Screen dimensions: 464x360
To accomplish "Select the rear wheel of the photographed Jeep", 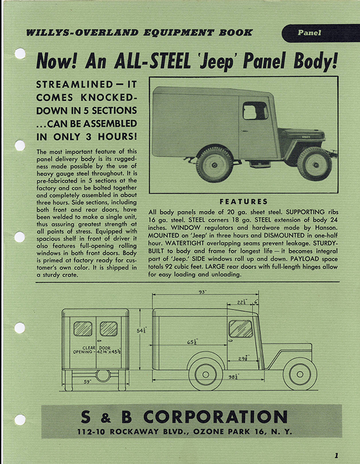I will point(215,164).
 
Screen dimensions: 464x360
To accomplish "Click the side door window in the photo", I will point(255,111).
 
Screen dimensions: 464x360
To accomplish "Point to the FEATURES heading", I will point(244,202).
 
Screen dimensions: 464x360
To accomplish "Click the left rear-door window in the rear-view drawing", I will point(83,328).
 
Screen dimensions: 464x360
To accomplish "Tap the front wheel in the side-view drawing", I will point(300,373).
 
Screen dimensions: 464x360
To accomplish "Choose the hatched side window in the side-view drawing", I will point(241,328).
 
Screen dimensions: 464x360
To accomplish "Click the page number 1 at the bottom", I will point(336,456).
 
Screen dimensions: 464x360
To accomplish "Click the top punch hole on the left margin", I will point(20,54).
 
